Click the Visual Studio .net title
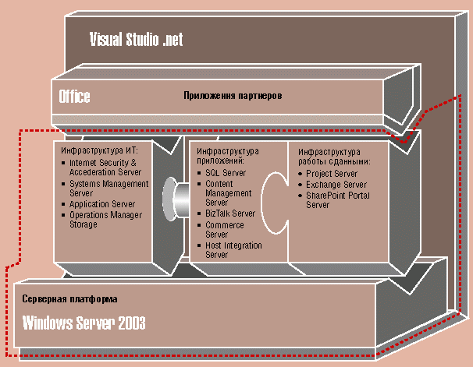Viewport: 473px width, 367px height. [x=136, y=40]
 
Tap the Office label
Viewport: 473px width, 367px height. [x=74, y=97]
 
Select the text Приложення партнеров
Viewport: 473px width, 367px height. [x=233, y=96]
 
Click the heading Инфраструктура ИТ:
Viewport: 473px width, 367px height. [x=99, y=150]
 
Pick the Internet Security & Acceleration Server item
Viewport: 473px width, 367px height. [x=105, y=168]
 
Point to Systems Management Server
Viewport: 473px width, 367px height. [x=109, y=188]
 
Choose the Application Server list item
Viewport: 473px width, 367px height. [x=102, y=204]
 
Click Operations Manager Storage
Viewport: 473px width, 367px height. [x=105, y=220]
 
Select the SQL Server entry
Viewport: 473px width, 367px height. [x=226, y=173]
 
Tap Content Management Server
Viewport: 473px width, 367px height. [x=229, y=193]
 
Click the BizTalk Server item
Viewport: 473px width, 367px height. [x=230, y=213]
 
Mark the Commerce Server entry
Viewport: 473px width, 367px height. [x=225, y=229]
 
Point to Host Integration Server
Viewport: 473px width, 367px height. [x=233, y=250]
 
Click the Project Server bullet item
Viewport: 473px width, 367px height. [x=332, y=174]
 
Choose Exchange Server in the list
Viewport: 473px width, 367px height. [x=336, y=185]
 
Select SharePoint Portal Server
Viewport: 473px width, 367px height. [x=338, y=200]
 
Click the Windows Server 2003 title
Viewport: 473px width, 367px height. [x=84, y=323]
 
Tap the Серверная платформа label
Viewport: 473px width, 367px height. [x=69, y=299]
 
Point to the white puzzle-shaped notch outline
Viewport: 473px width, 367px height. [x=262, y=203]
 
